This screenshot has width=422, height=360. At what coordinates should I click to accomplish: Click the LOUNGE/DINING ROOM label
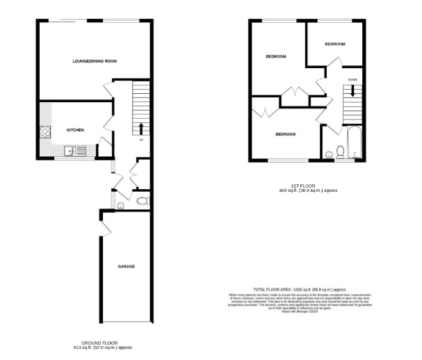coord(95,62)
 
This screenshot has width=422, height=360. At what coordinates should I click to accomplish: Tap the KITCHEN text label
coord(75,130)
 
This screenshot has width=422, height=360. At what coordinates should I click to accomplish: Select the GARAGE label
coord(126,266)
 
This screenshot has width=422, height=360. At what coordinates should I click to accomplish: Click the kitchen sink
coord(76,151)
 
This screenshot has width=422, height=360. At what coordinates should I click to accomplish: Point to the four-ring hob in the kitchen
coord(46,130)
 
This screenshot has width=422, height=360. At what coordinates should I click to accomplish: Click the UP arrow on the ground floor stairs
coord(141,129)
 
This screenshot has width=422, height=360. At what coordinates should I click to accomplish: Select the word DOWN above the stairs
coord(352,80)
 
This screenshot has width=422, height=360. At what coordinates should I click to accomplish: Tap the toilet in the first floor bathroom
coord(340,152)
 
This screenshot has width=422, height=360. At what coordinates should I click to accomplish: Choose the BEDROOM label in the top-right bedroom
coord(335,44)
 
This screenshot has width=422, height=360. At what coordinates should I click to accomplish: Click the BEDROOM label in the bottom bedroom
coord(285,133)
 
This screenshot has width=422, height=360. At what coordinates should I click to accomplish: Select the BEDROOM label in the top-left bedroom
coord(275,56)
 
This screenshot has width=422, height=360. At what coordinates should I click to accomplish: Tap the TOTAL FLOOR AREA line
coord(300,289)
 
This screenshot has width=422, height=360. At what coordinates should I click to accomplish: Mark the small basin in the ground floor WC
coord(121,205)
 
